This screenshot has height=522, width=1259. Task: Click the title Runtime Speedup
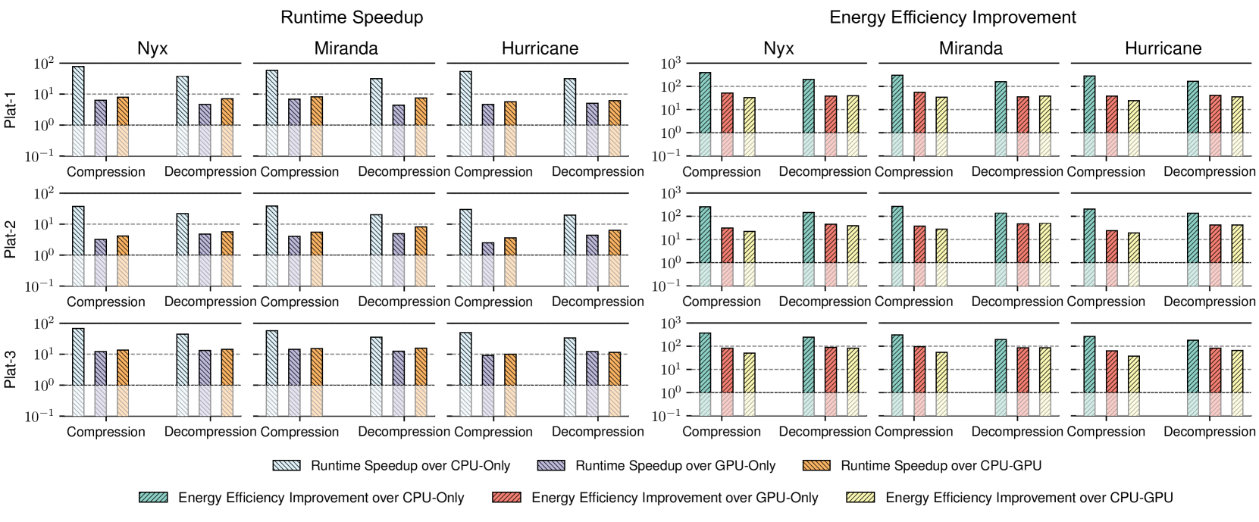pos(352,17)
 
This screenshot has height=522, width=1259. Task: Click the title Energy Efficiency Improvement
pos(953,17)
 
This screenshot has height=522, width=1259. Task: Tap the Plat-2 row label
pos(11,240)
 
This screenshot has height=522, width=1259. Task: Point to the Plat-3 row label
pos(11,370)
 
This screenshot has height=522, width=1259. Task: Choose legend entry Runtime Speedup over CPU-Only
pos(410,466)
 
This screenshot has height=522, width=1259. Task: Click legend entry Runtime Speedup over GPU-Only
pos(675,466)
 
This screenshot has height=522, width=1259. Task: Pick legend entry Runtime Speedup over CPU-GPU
pos(941,466)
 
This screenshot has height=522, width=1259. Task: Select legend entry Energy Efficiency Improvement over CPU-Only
pos(321,498)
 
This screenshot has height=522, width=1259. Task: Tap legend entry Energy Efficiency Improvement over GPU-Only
pos(675,498)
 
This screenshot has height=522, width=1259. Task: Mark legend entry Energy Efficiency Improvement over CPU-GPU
pos(1029,498)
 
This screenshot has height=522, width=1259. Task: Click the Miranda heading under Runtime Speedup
pos(346,49)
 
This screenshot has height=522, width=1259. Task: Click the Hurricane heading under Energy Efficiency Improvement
pos(1163,49)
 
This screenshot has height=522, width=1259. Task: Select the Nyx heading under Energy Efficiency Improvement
pos(778,49)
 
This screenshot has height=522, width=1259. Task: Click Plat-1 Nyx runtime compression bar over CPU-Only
pos(78,95)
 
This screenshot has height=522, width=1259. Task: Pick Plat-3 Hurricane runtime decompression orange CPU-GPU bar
pos(614,369)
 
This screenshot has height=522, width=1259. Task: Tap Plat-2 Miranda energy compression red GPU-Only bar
pos(919,244)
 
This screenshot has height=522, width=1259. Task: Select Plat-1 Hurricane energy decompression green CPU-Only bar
pos(1193,107)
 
